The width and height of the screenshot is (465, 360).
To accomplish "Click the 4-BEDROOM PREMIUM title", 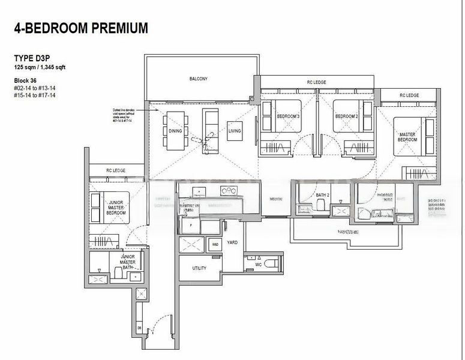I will click(x=80, y=27).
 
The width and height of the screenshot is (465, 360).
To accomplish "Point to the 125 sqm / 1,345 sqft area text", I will click(x=40, y=67).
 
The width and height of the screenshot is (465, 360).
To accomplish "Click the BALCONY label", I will click(x=198, y=79).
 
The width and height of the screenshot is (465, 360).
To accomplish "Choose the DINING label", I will click(x=175, y=130).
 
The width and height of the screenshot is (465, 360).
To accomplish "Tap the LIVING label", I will click(x=235, y=130).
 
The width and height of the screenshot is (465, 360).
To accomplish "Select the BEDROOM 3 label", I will click(x=289, y=116).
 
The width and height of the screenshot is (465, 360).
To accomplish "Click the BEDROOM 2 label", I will click(x=346, y=116).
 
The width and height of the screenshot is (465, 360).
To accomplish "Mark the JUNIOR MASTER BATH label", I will click(x=127, y=262).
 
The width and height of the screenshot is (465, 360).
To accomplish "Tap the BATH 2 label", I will click(x=322, y=195).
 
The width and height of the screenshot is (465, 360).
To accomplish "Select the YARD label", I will click(x=232, y=242).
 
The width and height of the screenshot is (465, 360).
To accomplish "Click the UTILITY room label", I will click(x=199, y=268).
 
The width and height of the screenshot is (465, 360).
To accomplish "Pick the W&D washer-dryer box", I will click(x=215, y=244).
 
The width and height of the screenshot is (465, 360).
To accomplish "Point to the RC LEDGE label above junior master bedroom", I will click(x=115, y=170).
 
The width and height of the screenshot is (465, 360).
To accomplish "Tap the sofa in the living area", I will click(x=210, y=123).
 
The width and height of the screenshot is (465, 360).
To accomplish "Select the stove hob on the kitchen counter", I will click(x=229, y=191).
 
